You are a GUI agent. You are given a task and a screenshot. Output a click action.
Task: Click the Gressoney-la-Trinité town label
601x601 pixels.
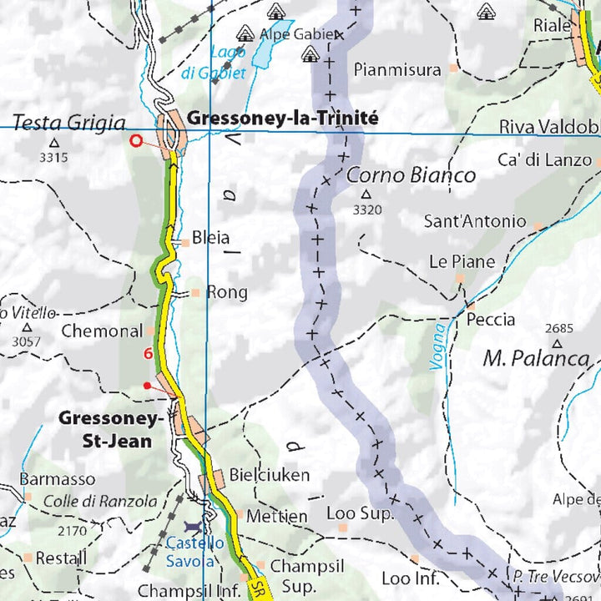pos(282,119)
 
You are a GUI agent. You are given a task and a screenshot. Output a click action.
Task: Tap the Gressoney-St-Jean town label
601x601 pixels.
pos(105,429)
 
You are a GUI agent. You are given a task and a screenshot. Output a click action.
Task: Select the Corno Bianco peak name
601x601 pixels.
pos(411,175)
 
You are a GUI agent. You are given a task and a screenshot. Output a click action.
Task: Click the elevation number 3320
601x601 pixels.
pos(366,210)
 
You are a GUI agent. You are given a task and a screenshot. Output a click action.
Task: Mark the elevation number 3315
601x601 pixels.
pos(53,156)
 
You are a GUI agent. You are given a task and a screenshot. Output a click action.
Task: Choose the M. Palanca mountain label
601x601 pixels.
pos(537,360)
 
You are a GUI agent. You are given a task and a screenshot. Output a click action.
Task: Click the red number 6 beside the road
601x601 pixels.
pos(148,354)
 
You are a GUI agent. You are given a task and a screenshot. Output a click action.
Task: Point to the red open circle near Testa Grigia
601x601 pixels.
pos(136,141)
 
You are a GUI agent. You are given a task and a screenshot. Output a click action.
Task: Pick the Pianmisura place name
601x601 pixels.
pos(396,70)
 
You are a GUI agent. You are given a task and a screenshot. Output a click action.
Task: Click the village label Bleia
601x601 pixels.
pos(210,238)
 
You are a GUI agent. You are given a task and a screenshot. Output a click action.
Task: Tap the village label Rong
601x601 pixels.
pos(226,292)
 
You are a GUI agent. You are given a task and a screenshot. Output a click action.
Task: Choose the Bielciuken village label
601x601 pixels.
pos(269,475)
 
